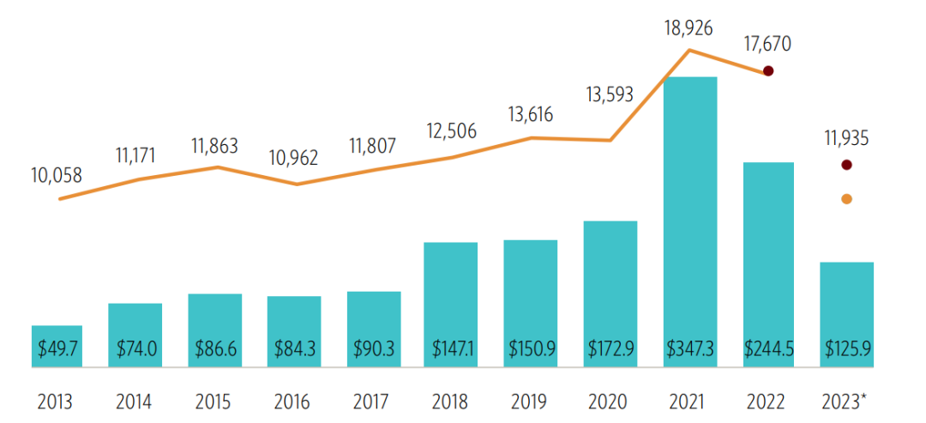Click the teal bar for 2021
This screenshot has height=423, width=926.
(690, 215)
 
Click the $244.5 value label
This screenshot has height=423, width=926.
(768, 349)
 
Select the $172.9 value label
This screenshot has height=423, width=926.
(610, 349)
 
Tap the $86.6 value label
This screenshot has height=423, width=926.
(214, 349)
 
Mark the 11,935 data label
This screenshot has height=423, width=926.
(845, 137)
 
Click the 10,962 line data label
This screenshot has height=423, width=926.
(295, 158)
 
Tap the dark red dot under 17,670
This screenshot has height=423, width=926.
(769, 71)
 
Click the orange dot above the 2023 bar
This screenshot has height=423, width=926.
(847, 199)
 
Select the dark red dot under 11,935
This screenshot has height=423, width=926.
(847, 164)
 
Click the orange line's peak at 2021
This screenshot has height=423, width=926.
(689, 51)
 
